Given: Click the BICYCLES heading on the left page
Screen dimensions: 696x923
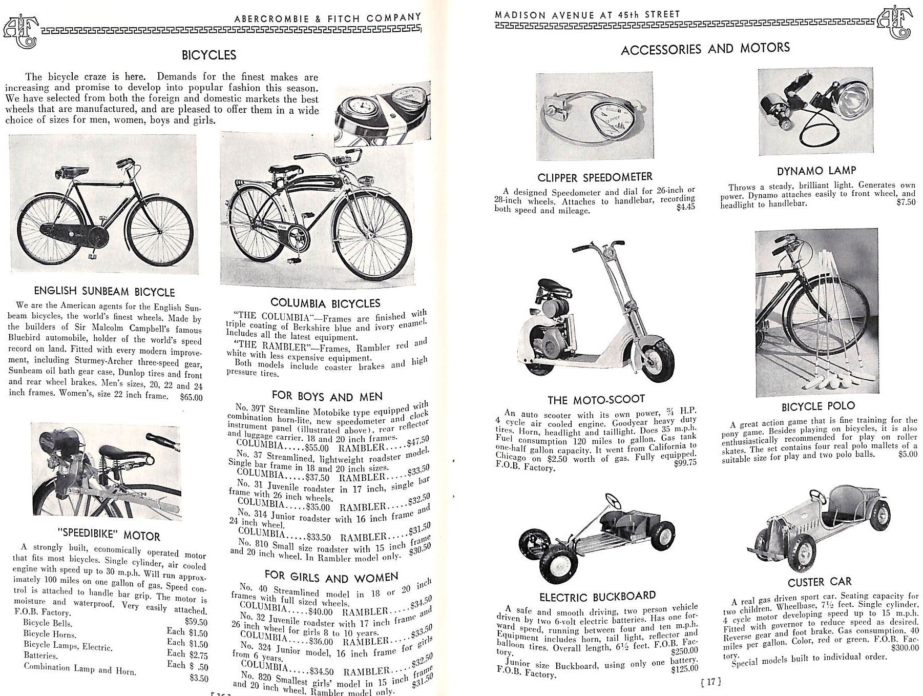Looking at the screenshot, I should (x=209, y=55).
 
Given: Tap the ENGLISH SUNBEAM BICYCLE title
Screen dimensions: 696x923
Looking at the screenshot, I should (x=104, y=292).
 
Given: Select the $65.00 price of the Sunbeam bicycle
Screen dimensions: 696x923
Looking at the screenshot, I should (x=191, y=397).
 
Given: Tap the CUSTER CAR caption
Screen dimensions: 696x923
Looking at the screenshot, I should (x=820, y=582).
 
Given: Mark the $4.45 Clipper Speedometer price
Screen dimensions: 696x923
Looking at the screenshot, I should (x=685, y=207).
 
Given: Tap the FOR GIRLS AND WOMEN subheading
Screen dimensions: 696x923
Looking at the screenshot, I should (x=331, y=577).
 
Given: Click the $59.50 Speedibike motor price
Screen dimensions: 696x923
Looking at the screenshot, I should (x=197, y=622).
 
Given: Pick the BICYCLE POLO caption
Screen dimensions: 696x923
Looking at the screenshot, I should (x=818, y=406).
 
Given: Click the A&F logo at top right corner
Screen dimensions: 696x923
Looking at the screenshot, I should (x=894, y=24).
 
